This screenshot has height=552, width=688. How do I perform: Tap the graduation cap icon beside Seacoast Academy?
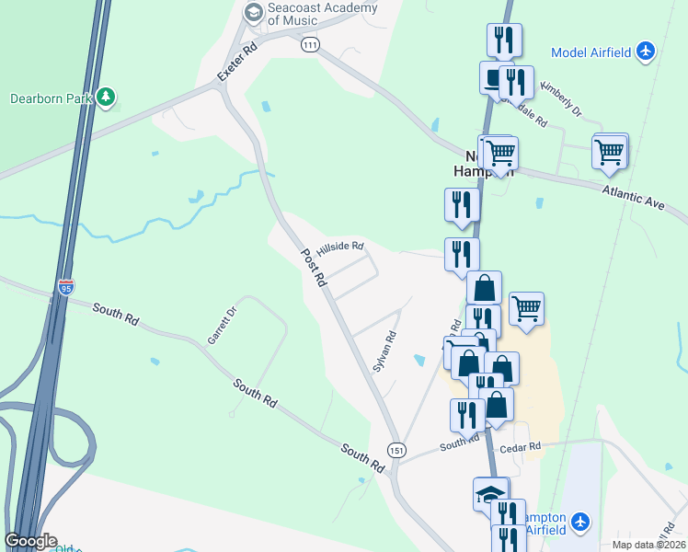pos(253,13)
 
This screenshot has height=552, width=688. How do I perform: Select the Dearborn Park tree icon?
pos(107,97)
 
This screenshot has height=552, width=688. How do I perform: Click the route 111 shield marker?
pos(310,43)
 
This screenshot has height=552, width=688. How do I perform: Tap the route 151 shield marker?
pos(396,449)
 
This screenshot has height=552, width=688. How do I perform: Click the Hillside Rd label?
pos(340,249)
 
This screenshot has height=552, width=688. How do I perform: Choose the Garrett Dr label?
pos(216,325)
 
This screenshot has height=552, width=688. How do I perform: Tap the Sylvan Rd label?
pos(384,351)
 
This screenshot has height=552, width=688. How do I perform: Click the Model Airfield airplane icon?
pos(646,52)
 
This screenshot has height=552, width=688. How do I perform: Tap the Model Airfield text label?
pos(591,52)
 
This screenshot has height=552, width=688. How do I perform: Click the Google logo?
pos(30,541)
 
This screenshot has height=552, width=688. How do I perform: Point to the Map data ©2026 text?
pos(649,545)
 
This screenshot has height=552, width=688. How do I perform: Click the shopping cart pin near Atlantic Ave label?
pos(609,152)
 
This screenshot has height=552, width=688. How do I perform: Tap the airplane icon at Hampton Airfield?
pos(580,523)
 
